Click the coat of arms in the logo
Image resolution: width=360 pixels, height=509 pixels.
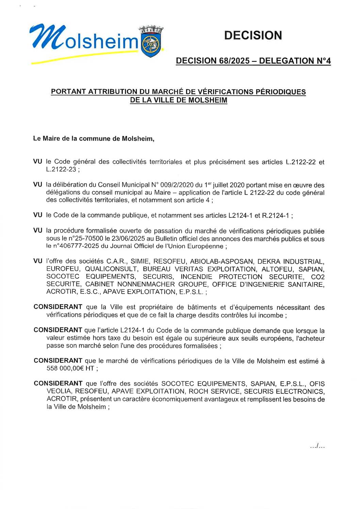pos(151,43)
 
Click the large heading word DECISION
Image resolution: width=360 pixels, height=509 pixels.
pos(253,35)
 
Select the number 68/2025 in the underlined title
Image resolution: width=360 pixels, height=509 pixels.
pos(231,61)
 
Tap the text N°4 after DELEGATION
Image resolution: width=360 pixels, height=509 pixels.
pos(323,61)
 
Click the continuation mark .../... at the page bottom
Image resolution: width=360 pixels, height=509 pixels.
pos(317,446)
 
